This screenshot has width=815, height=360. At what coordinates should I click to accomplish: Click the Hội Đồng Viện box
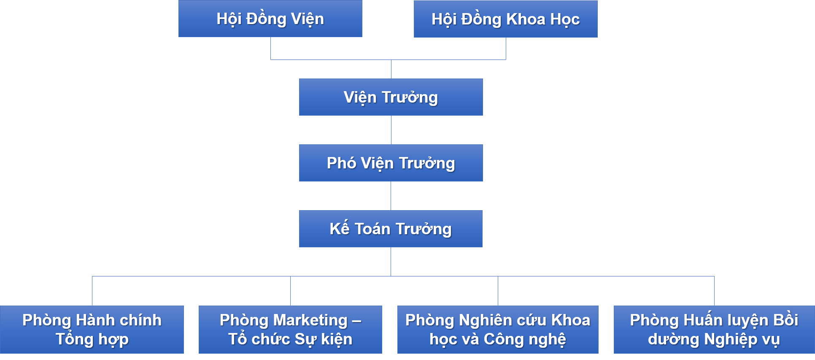pos(270,19)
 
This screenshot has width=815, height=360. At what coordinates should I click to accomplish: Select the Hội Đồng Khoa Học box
pos(505,19)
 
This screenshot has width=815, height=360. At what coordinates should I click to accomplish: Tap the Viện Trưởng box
pos(391,97)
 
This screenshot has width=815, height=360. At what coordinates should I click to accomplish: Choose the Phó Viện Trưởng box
pos(391,163)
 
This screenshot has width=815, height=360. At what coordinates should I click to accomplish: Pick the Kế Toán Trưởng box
pos(391,229)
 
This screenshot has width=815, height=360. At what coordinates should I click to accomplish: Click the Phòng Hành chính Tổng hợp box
pos(92,330)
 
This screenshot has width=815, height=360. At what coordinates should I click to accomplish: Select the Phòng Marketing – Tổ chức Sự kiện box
pos(290,330)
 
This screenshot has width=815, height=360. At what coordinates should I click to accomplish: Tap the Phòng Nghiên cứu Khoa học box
pos(498,330)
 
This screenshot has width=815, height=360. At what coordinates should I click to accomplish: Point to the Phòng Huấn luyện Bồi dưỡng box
pos(714,330)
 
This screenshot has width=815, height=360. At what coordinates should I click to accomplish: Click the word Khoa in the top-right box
pos(525,19)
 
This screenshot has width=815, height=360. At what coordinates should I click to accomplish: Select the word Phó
pos(341,163)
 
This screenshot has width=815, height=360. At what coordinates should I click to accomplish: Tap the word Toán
pos(372,229)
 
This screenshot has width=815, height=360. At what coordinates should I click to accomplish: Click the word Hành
pos(94,320)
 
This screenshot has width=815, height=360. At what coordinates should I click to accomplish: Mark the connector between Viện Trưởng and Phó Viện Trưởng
pos(391,130)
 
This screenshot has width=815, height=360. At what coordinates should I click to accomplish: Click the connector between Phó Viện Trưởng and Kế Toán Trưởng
pos(391,196)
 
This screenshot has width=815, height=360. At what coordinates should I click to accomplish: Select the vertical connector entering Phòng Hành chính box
pos(92,291)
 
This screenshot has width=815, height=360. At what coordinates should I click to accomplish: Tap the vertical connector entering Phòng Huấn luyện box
pos(714,291)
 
